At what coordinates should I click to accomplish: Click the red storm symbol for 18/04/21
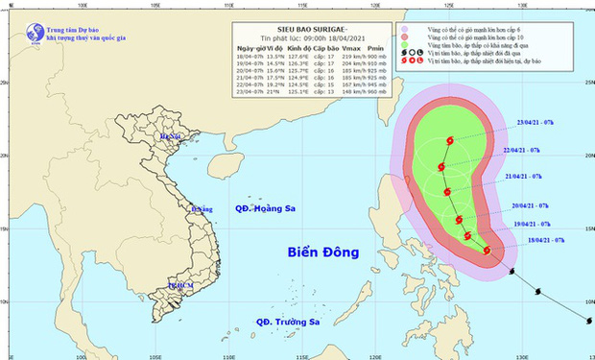tap(488, 252)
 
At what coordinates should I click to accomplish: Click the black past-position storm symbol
tap(510, 272)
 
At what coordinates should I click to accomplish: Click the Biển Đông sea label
tap(322, 252)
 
